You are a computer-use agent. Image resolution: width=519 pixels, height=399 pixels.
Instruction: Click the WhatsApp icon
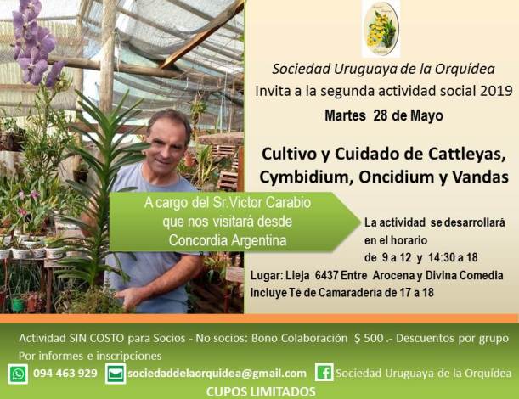[x=18, y=374]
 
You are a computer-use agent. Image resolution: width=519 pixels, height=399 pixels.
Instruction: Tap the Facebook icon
[x=324, y=373]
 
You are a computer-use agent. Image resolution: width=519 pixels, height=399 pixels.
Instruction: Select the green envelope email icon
[x=116, y=374]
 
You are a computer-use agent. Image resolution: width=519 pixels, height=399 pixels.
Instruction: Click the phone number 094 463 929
[x=65, y=374]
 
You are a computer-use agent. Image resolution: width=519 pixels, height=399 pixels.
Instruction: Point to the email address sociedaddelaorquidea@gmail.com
[x=217, y=374]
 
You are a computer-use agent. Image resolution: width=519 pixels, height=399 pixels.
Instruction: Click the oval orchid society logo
[x=381, y=29]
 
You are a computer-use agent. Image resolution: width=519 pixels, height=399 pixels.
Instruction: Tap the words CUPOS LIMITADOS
[x=261, y=392]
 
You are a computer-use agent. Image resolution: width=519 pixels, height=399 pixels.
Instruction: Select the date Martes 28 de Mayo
[x=384, y=115]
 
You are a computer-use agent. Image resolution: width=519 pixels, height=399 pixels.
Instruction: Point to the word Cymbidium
[x=304, y=177]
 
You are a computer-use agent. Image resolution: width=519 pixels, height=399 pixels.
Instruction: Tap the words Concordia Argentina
[x=228, y=240]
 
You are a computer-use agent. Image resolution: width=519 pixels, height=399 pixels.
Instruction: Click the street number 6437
[x=326, y=275]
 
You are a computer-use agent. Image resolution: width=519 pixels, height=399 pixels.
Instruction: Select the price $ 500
[x=369, y=338]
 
